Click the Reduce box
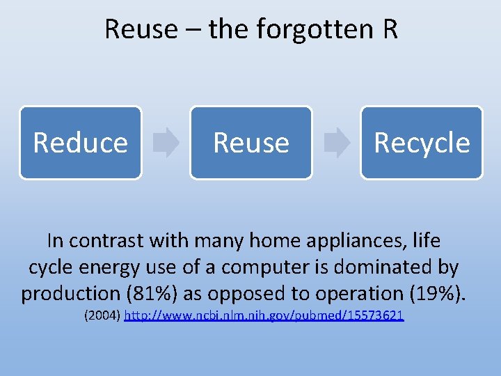pyautogui.click(x=80, y=142)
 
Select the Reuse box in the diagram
pyautogui.click(x=250, y=142)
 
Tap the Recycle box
pyautogui.click(x=421, y=142)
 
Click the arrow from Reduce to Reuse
pyautogui.click(x=166, y=142)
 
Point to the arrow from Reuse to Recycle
pyautogui.click(x=337, y=142)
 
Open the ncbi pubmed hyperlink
pyautogui.click(x=264, y=316)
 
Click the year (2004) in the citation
pyautogui.click(x=102, y=316)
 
